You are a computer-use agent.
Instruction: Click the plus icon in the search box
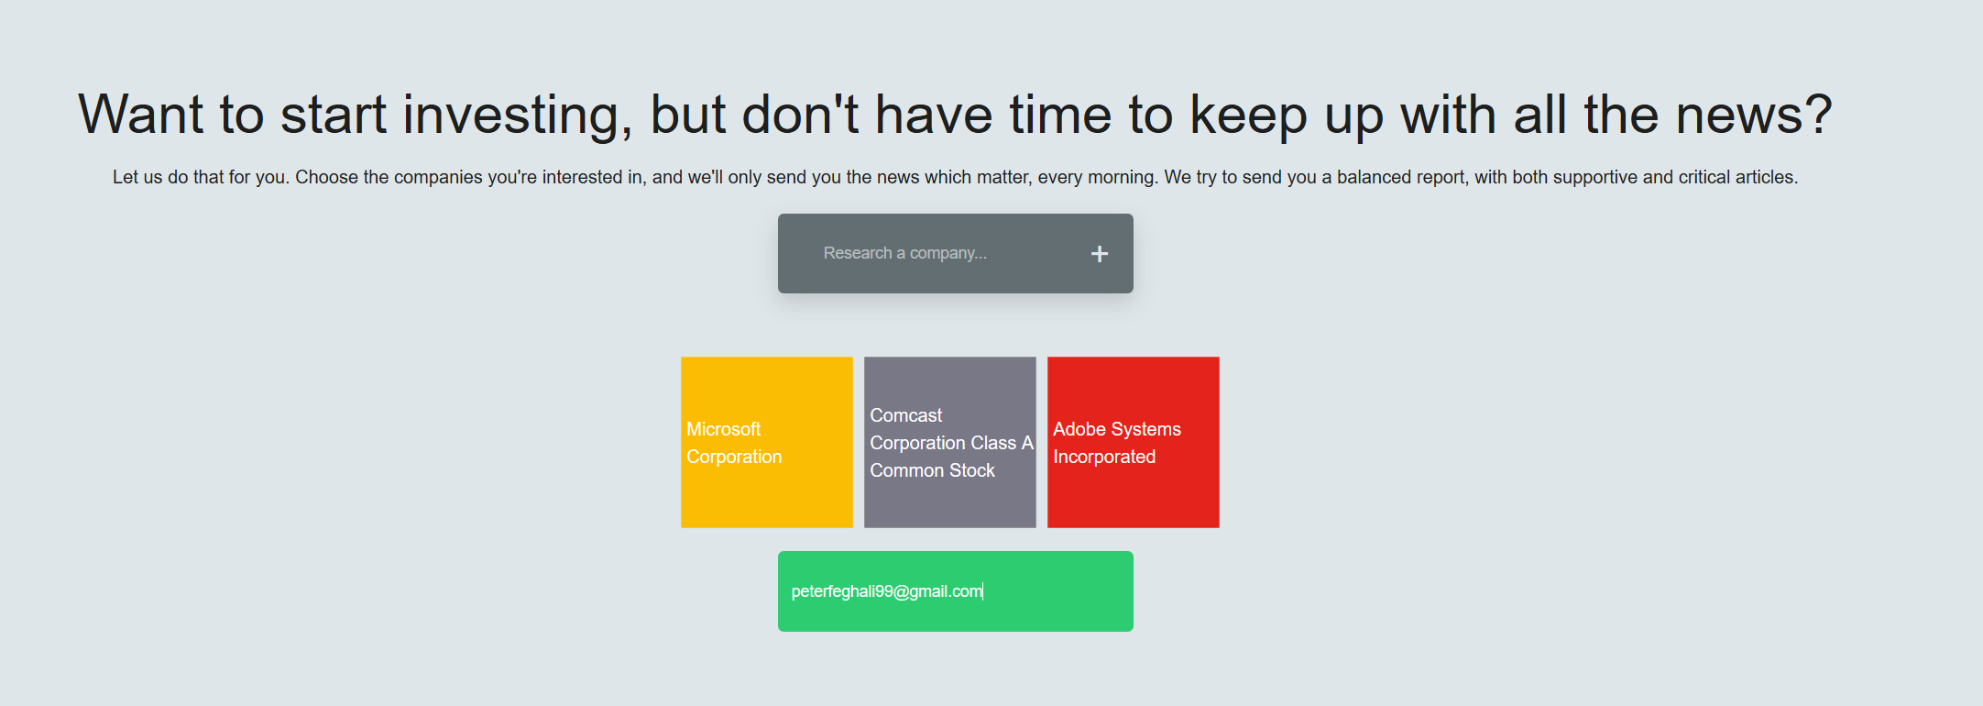pyautogui.click(x=1100, y=254)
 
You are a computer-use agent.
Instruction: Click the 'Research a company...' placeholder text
pyautogui.click(x=904, y=253)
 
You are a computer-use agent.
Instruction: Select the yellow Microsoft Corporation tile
pyautogui.click(x=767, y=442)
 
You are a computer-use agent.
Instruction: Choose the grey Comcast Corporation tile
pyautogui.click(x=950, y=442)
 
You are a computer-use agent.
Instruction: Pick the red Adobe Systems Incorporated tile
pyautogui.click(x=1134, y=442)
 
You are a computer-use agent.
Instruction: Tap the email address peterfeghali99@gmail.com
pyautogui.click(x=887, y=591)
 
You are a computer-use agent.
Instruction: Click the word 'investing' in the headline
pyautogui.click(x=518, y=116)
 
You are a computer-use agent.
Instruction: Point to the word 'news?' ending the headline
pyautogui.click(x=1754, y=116)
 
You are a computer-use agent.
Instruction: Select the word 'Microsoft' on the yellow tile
pyautogui.click(x=724, y=429)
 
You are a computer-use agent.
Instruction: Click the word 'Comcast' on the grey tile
pyautogui.click(x=906, y=415)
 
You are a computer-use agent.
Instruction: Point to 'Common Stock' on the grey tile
pyautogui.click(x=932, y=470)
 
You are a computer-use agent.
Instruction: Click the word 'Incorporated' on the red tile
pyautogui.click(x=1104, y=457)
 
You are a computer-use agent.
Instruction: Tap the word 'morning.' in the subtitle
pyautogui.click(x=1123, y=178)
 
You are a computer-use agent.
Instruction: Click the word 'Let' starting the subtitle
pyautogui.click(x=126, y=177)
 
